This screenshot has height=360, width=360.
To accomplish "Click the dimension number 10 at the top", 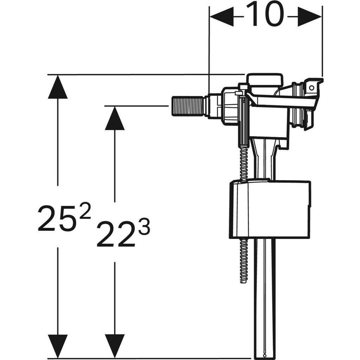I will tap(265, 15).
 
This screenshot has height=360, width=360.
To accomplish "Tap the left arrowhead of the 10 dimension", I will tap(221, 16).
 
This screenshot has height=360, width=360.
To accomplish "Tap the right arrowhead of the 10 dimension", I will tap(309, 16).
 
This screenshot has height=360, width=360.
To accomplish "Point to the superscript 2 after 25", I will tap(85, 212).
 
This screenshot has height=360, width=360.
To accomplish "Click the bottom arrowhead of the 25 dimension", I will tap(57, 346).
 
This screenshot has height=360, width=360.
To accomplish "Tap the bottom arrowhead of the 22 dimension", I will tap(115, 346).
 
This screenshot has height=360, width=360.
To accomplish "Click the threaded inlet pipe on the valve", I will tap(188, 105).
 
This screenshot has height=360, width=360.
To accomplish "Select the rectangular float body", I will tap(270, 210).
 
